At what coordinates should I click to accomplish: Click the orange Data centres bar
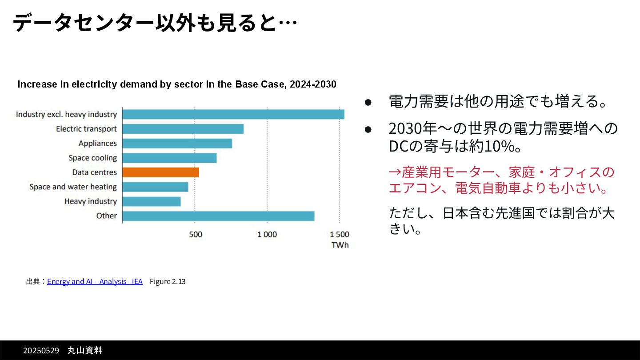click(160, 172)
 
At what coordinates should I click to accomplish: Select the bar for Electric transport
click(183, 129)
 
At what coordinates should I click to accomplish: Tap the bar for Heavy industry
click(152, 201)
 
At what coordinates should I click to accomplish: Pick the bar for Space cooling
click(169, 158)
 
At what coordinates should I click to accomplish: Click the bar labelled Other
click(218, 216)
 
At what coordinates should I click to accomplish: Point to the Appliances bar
click(177, 144)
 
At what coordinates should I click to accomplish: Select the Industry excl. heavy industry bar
click(233, 114)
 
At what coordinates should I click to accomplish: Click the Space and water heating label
click(73, 187)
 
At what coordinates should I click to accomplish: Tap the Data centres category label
click(94, 172)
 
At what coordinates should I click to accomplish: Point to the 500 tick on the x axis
click(196, 234)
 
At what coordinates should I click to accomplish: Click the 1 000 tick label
click(267, 234)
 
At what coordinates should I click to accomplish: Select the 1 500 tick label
click(339, 234)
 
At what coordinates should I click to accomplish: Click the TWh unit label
click(340, 245)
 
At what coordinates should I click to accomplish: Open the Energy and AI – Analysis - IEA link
click(95, 281)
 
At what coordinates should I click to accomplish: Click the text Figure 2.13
click(168, 281)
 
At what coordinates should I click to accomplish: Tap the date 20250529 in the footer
click(41, 351)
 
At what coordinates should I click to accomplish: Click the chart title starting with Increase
click(176, 84)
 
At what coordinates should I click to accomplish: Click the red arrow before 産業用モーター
click(395, 172)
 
